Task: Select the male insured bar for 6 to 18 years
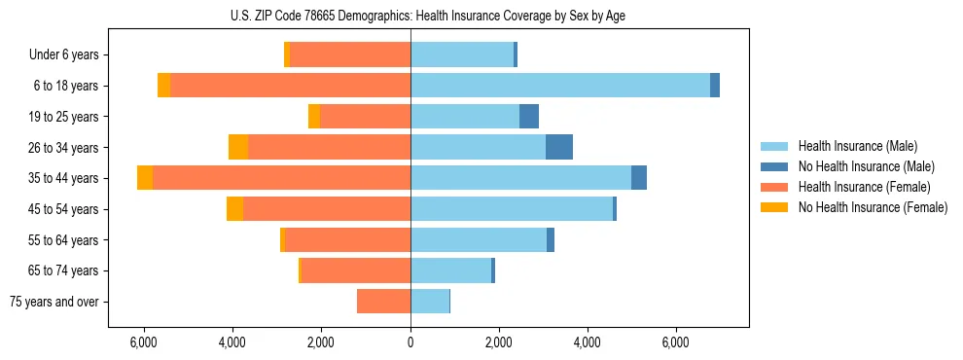click(560, 86)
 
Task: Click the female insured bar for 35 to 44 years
click(281, 178)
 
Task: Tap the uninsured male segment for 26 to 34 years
click(559, 147)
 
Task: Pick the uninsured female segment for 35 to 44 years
click(145, 178)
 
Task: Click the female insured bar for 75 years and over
click(383, 302)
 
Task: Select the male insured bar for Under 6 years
click(462, 54)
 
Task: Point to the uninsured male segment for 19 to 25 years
click(529, 117)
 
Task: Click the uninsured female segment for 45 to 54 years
click(234, 209)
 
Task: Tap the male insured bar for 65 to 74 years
click(451, 270)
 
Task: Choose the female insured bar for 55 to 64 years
click(347, 240)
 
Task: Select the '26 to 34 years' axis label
click(65, 147)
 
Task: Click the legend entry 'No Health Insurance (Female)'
click(873, 207)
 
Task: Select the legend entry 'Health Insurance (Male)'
click(858, 146)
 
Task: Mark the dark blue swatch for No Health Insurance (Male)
click(775, 166)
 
